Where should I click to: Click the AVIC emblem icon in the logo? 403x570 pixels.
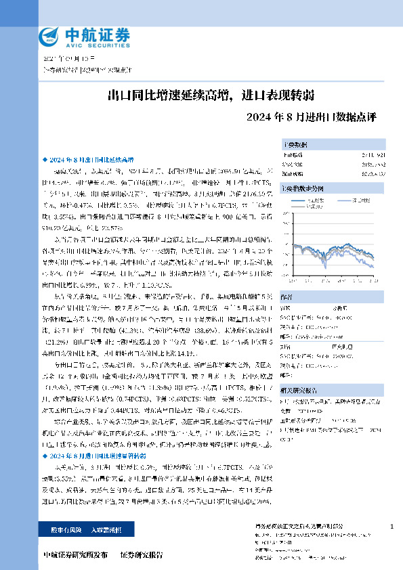[x=50, y=37]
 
